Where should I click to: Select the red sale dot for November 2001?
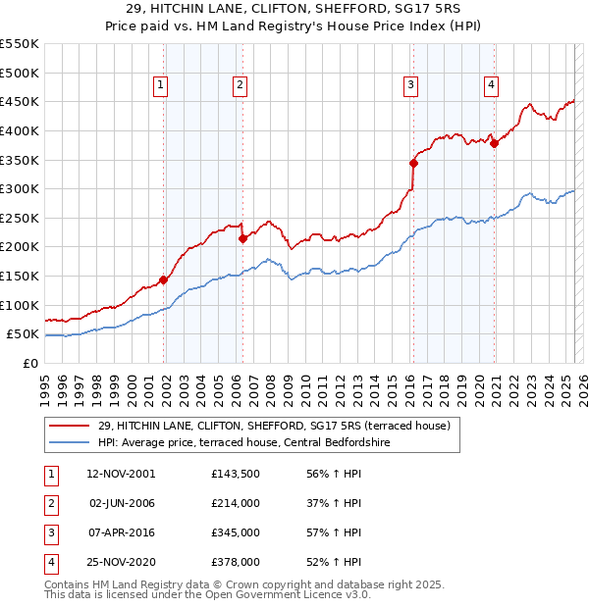pos(164,279)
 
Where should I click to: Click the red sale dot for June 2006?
pos(242,238)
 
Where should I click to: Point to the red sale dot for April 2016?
pos(413,163)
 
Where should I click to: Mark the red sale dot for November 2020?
pos(495,143)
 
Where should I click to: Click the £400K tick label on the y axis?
pos(20,130)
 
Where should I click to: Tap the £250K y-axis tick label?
pos(20,218)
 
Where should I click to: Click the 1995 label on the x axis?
pos(46,382)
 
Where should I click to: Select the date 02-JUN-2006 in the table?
pos(123,502)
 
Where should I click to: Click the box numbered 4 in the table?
pos(49,562)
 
